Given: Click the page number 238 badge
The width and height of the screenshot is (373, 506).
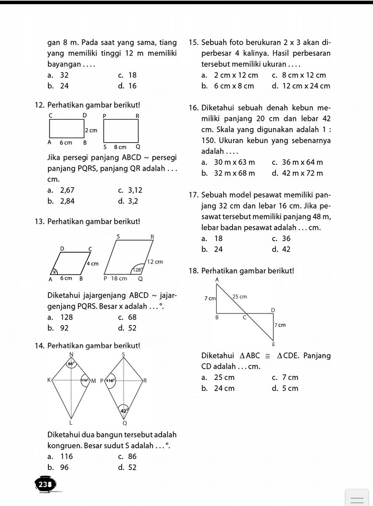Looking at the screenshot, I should [x=44, y=485].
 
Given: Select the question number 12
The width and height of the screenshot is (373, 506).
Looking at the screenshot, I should [x=40, y=104].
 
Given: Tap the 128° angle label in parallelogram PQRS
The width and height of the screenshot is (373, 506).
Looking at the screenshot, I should [x=137, y=269].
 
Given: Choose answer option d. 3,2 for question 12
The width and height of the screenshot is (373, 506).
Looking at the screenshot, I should [x=128, y=201].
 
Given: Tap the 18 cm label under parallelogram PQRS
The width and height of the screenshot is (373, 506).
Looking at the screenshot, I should [x=119, y=279].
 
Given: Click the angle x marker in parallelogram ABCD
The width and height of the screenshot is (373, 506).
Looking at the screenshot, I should [x=54, y=272].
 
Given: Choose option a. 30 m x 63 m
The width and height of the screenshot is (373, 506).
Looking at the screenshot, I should [x=229, y=162].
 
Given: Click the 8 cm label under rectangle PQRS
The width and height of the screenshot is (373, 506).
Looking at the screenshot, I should [x=120, y=147].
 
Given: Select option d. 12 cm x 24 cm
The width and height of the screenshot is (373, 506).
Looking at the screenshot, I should [x=301, y=86].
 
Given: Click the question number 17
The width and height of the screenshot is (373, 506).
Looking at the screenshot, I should [x=194, y=195].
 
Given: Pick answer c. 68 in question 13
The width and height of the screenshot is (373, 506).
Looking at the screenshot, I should [x=127, y=317].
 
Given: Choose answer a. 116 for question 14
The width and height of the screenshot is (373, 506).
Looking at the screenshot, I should [x=60, y=456].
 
